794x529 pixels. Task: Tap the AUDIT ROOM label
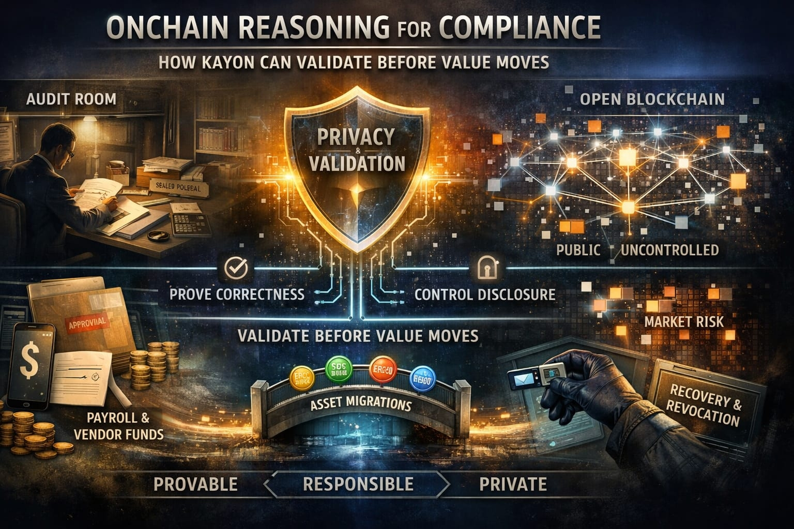71,99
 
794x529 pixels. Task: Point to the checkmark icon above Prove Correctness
236,268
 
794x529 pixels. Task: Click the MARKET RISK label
684,322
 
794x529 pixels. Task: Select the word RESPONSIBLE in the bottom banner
358,484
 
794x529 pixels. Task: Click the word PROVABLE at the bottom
195,484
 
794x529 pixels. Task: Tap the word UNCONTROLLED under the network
669,251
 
